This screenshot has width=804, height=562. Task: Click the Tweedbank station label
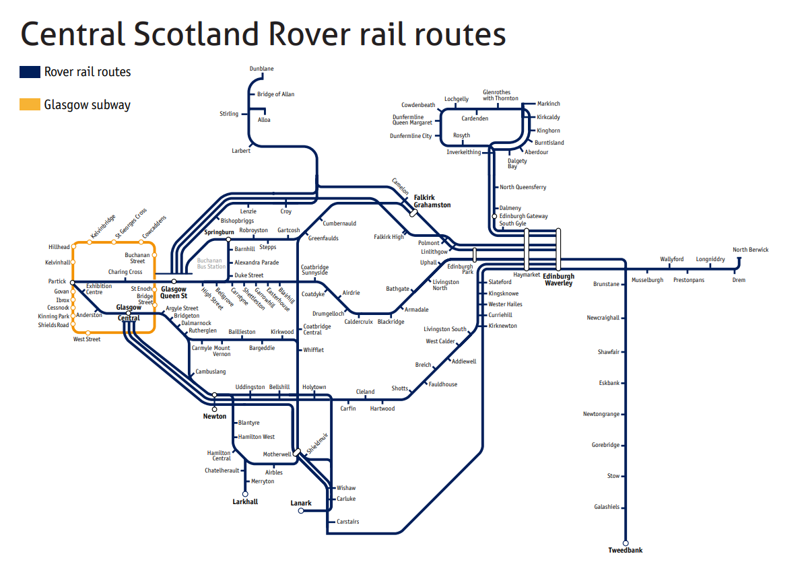(625, 550)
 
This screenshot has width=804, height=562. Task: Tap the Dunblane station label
(261, 69)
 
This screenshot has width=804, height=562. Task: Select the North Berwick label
(750, 250)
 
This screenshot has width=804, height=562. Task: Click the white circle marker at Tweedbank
(626, 542)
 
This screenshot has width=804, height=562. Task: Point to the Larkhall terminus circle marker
(245, 493)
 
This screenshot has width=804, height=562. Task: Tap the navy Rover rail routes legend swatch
(30, 72)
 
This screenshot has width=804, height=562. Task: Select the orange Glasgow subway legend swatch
(30, 104)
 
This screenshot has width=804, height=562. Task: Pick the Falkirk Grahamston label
(432, 201)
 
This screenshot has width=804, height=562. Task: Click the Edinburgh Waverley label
(559, 279)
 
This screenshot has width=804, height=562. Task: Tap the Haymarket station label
(526, 275)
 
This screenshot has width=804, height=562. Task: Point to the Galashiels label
(606, 507)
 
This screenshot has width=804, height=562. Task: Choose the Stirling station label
(229, 114)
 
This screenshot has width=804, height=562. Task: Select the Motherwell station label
(277, 454)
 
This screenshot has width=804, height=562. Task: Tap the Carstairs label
(347, 522)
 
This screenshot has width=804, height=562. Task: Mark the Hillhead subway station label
(59, 247)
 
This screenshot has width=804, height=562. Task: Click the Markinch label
(548, 104)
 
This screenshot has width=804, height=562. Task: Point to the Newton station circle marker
(215, 409)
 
